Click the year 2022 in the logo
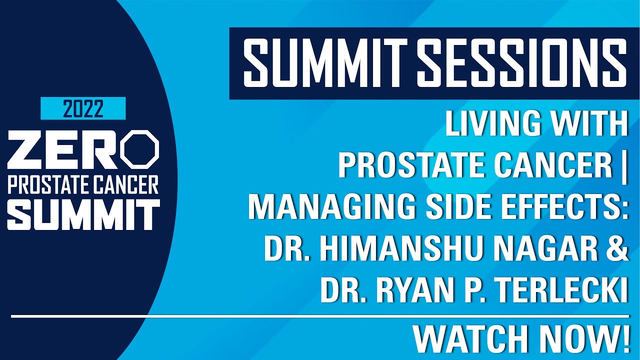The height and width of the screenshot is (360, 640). click(x=83, y=108)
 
